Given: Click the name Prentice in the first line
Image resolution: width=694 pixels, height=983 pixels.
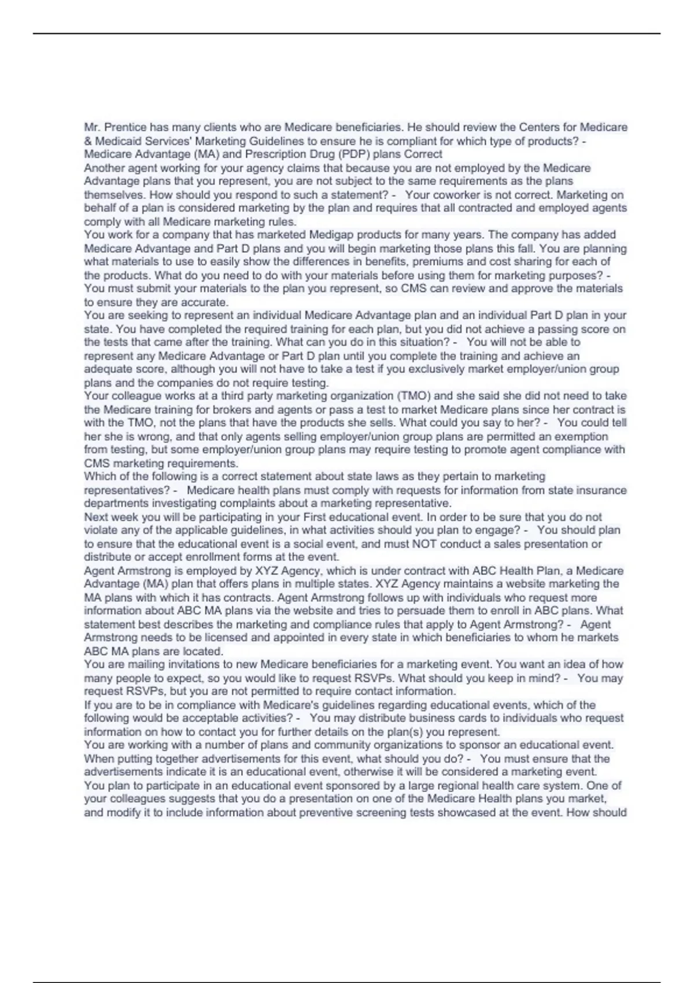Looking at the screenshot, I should pos(125,127).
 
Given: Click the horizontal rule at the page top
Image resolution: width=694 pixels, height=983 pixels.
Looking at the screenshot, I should pos(347,34).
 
